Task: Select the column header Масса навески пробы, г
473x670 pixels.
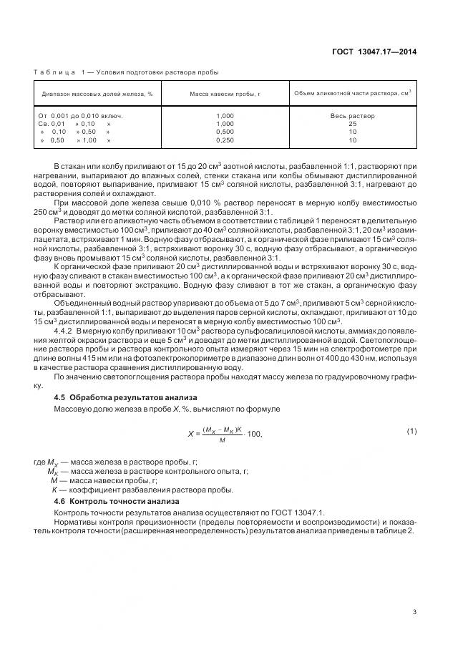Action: [224, 94]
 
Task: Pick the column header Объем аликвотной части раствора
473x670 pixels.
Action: [352, 93]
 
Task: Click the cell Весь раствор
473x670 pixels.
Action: [352, 116]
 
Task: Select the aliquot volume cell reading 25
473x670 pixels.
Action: [352, 124]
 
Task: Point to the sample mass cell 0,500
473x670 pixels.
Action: [224, 132]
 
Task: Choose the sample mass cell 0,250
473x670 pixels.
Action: [224, 140]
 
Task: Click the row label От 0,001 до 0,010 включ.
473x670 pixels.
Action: [81, 116]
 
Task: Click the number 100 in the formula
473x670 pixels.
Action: [255, 434]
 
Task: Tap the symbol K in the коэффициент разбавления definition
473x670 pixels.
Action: [54, 490]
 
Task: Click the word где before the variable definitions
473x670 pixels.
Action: [39, 462]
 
